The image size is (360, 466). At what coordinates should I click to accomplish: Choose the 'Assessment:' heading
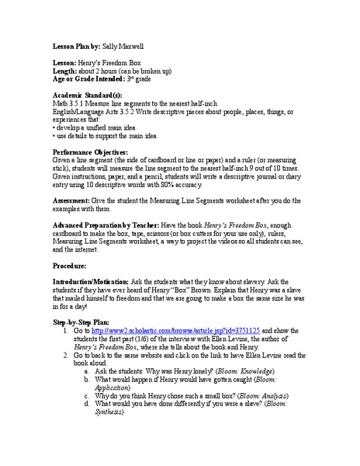[x=74, y=200]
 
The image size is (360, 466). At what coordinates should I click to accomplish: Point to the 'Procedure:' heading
[x=73, y=266]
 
